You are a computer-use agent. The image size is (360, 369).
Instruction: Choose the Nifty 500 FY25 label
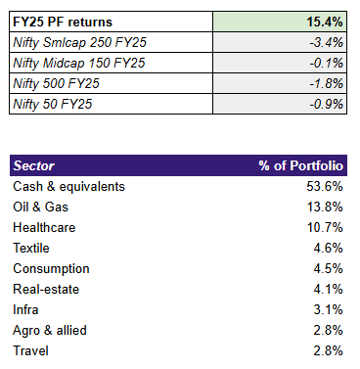coord(58,85)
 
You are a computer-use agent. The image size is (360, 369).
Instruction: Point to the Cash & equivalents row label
coord(69,186)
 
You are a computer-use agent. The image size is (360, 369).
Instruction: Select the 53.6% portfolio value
coord(326,186)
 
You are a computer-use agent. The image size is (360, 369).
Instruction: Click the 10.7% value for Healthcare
coord(326,227)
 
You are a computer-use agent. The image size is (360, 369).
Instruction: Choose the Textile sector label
coord(32,248)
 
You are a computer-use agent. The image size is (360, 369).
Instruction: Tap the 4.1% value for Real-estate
coord(329,289)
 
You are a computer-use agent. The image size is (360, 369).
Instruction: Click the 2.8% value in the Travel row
coord(329,350)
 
